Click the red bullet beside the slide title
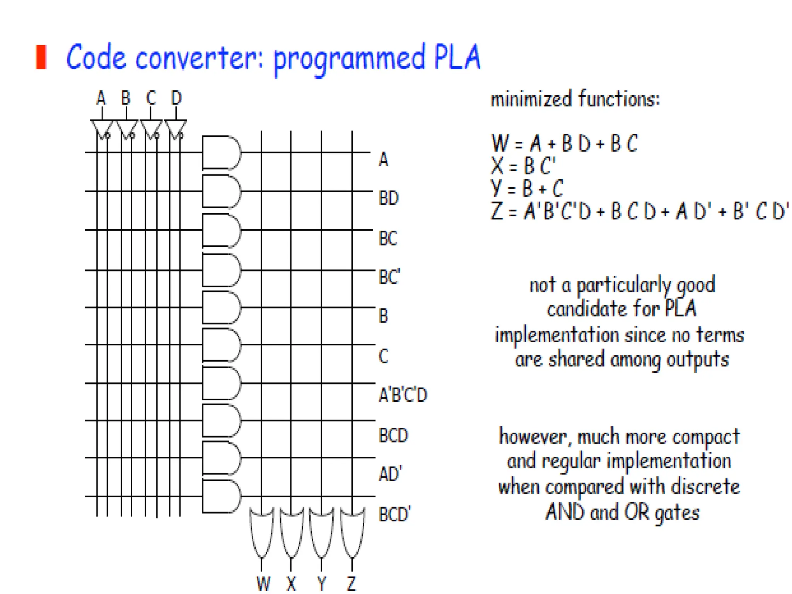(x=41, y=57)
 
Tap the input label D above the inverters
(x=176, y=98)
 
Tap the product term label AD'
(x=390, y=474)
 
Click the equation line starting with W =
(x=564, y=143)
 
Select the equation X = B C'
(x=523, y=166)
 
